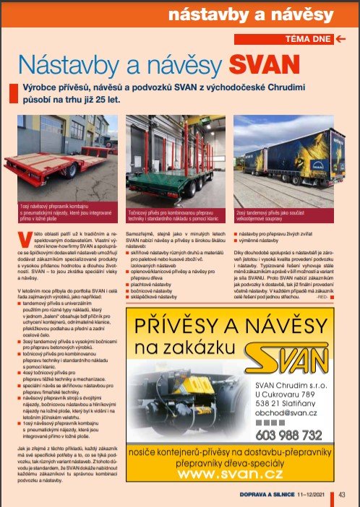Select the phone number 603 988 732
tap(288, 435)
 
